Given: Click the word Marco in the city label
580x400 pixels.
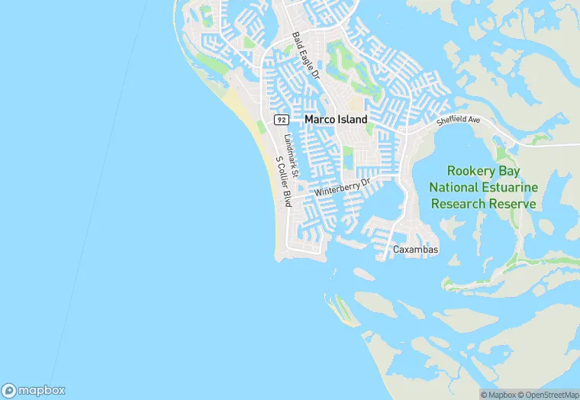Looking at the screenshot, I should pyautogui.click(x=319, y=120).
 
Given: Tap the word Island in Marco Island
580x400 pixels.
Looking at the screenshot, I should pyautogui.click(x=351, y=120).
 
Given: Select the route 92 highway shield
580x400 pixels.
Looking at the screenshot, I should pyautogui.click(x=282, y=120).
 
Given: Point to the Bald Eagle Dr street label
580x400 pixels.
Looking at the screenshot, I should pyautogui.click(x=306, y=56).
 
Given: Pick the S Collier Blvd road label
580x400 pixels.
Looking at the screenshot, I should pyautogui.click(x=283, y=181).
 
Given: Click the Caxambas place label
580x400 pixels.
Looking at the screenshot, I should pyautogui.click(x=415, y=250).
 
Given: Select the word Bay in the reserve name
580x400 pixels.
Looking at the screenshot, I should pyautogui.click(x=520, y=171).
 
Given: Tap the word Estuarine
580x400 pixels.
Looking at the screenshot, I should pyautogui.click(x=511, y=188).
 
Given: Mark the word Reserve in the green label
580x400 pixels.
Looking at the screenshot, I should pyautogui.click(x=512, y=204).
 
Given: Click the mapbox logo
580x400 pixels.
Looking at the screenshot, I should pyautogui.click(x=34, y=390).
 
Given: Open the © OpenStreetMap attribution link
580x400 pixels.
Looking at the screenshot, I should pyautogui.click(x=548, y=395).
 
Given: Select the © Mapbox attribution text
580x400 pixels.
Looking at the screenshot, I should pyautogui.click(x=498, y=395).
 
